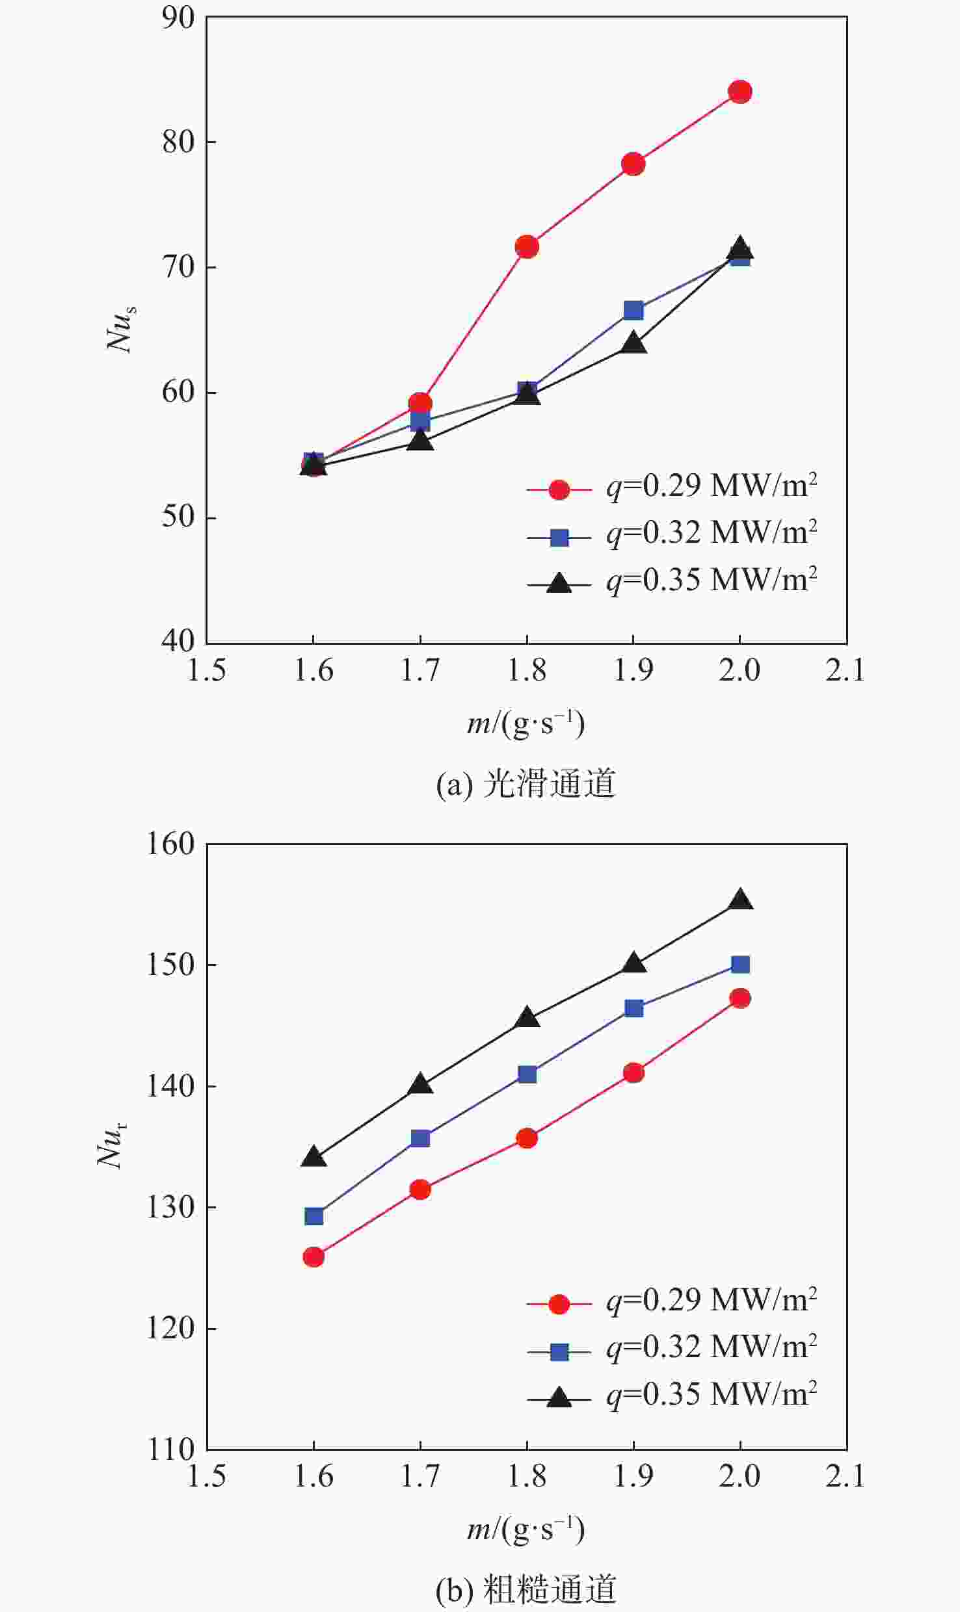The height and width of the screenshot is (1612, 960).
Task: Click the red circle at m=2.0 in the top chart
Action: [740, 92]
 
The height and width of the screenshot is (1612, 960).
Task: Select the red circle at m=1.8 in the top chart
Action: [527, 246]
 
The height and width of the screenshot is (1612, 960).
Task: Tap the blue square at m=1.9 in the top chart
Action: [633, 311]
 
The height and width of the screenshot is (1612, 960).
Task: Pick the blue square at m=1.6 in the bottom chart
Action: [313, 1216]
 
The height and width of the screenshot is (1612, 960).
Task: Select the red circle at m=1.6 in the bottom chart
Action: [313, 1257]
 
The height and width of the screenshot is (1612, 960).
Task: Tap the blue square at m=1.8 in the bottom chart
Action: [527, 1074]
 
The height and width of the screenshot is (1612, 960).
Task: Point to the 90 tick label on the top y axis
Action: [178, 18]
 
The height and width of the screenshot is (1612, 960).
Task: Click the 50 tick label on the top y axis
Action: [178, 517]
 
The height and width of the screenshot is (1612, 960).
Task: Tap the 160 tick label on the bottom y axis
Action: [170, 845]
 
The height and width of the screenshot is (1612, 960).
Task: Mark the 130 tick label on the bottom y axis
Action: [170, 1208]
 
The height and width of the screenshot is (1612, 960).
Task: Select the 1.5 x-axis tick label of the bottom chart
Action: [207, 1477]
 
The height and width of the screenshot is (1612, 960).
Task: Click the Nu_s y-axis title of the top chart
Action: [121, 329]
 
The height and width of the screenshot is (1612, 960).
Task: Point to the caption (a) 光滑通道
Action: [526, 784]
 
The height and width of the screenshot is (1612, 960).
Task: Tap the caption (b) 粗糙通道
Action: [526, 1590]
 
